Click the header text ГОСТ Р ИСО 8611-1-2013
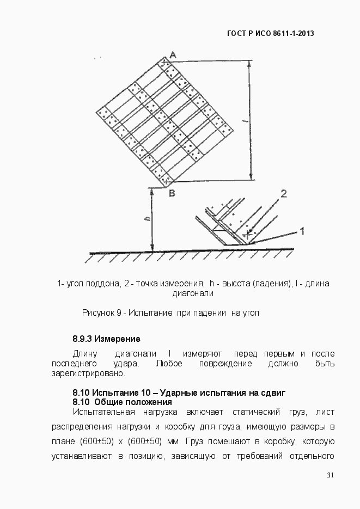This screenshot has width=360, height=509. click(x=271, y=34)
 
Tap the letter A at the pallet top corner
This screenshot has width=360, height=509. click(x=172, y=54)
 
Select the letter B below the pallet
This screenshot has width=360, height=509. click(x=171, y=193)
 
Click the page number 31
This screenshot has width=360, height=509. click(x=330, y=475)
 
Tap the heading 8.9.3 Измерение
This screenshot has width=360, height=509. click(x=106, y=339)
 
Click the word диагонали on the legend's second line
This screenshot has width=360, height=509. click(x=192, y=293)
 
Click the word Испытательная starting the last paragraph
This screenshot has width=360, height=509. click(x=102, y=412)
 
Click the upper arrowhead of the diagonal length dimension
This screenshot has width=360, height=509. click(x=251, y=64)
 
